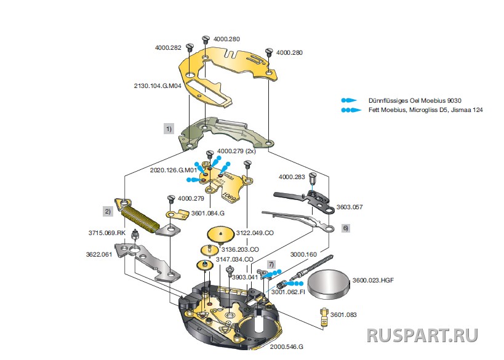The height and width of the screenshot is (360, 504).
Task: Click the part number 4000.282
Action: [x=167, y=47]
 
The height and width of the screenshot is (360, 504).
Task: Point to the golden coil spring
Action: [x=143, y=217]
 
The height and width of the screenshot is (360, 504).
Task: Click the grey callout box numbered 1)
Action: [x=168, y=130]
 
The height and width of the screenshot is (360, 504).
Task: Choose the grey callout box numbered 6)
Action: [x=345, y=228]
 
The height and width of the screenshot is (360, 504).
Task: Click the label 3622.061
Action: [x=99, y=254]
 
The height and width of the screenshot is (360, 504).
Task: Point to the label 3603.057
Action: [x=350, y=207]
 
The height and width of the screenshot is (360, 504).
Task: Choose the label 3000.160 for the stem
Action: [x=303, y=254]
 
